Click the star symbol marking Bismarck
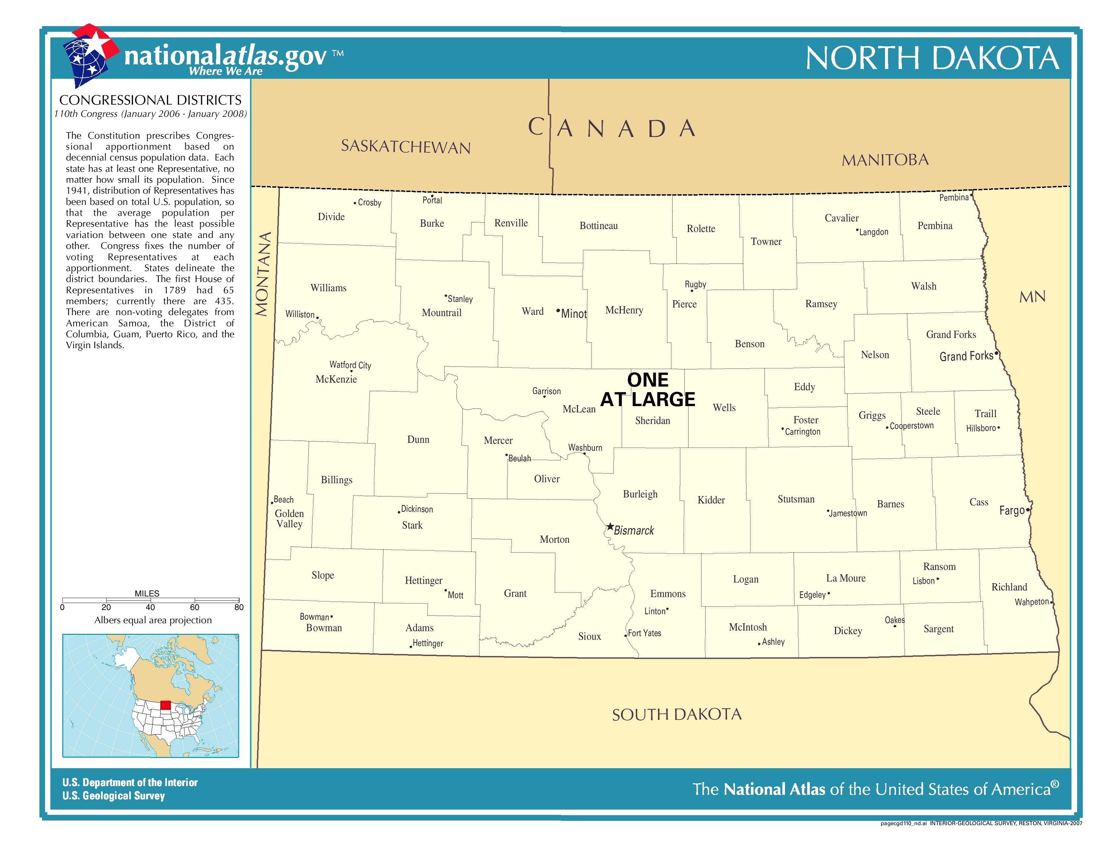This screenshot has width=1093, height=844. pyautogui.click(x=610, y=527)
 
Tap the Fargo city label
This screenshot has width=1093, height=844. pyautogui.click(x=1012, y=510)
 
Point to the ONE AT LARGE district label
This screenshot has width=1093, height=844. pyautogui.click(x=648, y=390)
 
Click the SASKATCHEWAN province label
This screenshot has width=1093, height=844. pyautogui.click(x=405, y=147)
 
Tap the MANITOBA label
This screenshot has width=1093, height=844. pyautogui.click(x=885, y=160)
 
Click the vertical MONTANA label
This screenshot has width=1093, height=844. pyautogui.click(x=263, y=274)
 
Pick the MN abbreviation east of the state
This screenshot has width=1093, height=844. pyautogui.click(x=1032, y=297)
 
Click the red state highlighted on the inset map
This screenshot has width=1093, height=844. pyautogui.click(x=165, y=705)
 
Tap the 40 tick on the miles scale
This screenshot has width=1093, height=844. pyautogui.click(x=150, y=607)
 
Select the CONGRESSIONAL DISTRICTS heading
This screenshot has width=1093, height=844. pyautogui.click(x=150, y=100)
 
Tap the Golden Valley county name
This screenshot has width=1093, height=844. pyautogui.click(x=289, y=519)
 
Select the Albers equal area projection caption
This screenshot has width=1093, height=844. pyautogui.click(x=153, y=620)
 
